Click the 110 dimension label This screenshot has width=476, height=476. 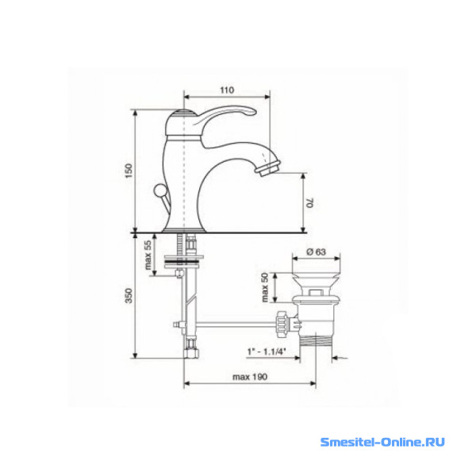click(x=227, y=90)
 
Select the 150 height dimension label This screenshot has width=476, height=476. click(x=129, y=171)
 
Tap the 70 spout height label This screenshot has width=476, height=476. click(x=309, y=203)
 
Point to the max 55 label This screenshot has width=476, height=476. click(x=148, y=255)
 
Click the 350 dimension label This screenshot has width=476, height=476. click(x=129, y=295)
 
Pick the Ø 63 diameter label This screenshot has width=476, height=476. click(x=316, y=251)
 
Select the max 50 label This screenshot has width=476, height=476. click(x=265, y=287)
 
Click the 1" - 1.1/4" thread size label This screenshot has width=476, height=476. click(x=267, y=351)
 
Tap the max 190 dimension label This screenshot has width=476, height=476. click(x=250, y=377)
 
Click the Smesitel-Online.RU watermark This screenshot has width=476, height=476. click(x=382, y=442)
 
